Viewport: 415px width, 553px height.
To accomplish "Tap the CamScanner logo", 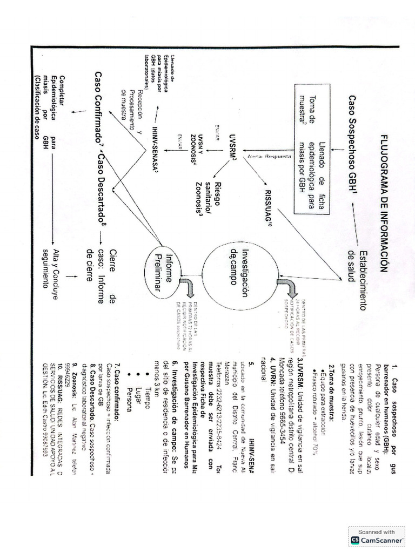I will point(378,540).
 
